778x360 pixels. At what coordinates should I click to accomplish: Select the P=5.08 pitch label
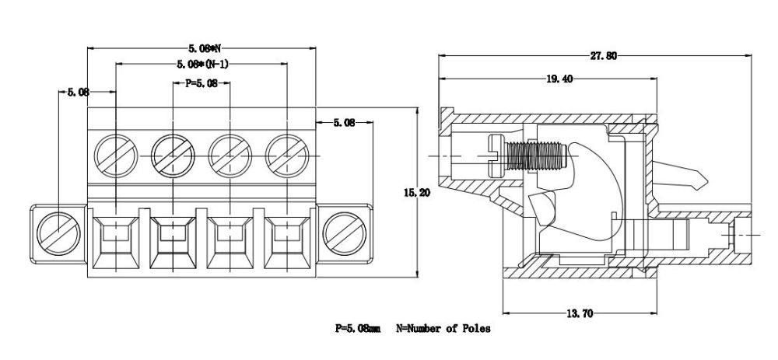point(201,82)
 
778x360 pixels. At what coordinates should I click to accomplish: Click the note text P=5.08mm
point(356,329)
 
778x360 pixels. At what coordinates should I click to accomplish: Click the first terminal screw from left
point(115,155)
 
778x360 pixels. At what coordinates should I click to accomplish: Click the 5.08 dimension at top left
point(78,92)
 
